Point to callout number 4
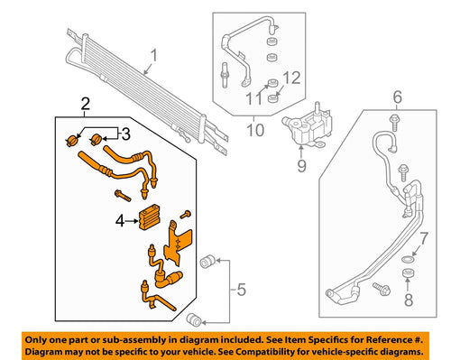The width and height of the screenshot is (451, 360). pyautogui.click(x=119, y=218)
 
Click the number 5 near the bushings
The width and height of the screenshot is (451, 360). pyautogui.click(x=240, y=289)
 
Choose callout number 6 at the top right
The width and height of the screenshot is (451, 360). pyautogui.click(x=394, y=96)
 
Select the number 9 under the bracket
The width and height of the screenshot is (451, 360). pyautogui.click(x=301, y=165)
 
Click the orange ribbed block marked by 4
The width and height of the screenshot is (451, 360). pyautogui.click(x=151, y=218)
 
